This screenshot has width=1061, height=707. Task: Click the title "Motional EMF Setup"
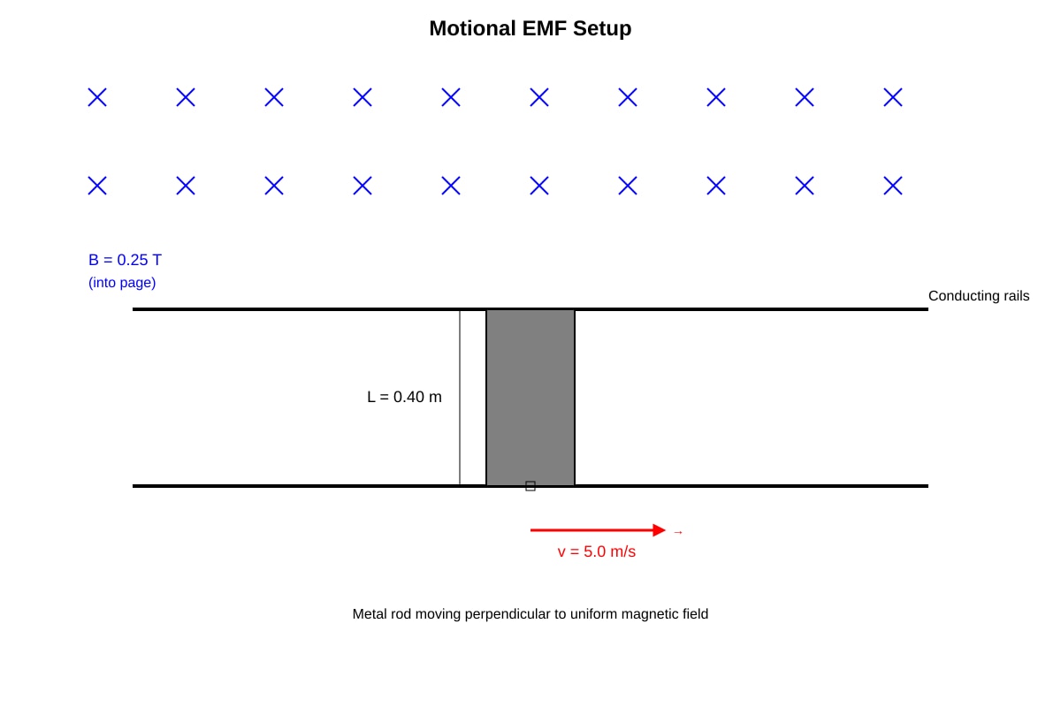530,28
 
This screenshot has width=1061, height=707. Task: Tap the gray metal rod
530,398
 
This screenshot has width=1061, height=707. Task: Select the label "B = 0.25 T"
125,260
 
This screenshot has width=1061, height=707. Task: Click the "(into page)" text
122,283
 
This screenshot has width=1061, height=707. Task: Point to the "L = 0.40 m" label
404,397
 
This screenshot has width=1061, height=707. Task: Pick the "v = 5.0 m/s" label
596,551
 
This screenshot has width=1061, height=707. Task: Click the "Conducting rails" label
979,296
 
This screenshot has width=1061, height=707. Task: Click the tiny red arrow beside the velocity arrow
678,533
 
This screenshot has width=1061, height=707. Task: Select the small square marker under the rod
530,486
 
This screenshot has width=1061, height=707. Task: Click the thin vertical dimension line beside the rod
460,398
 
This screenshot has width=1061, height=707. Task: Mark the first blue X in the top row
97,97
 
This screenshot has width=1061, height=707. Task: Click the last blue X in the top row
893,97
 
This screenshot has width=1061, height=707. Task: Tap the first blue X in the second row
97,186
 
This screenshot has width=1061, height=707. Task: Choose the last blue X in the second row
893,186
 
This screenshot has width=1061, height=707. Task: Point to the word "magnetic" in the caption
651,614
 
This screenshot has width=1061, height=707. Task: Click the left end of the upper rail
134,309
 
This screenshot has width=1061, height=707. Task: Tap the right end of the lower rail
927,486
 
